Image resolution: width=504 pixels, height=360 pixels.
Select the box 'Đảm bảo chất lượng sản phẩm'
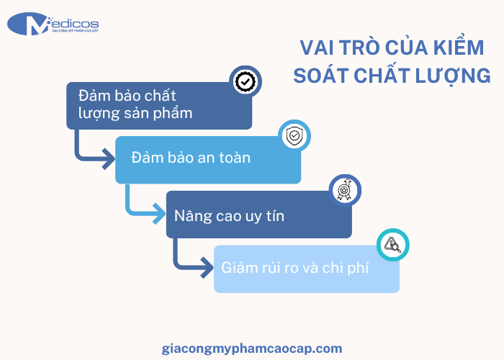[159, 105]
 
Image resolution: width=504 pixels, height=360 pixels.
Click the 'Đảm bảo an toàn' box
[208, 158]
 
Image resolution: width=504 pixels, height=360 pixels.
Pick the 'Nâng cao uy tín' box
[258, 215]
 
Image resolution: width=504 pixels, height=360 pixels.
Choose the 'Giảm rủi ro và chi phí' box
[306, 269]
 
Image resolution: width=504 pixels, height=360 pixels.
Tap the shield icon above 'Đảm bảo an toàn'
[294, 135]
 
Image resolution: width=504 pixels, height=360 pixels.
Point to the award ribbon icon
[344, 190]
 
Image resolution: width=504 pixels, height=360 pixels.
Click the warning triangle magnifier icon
[392, 245]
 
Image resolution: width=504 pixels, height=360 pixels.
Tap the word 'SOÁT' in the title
[322, 75]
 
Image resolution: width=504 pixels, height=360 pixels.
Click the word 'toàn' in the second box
[233, 158]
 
